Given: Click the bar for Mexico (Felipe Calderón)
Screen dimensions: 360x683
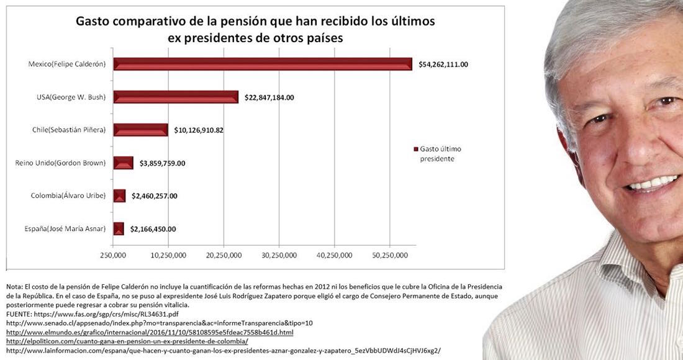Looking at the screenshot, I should tap(263, 64).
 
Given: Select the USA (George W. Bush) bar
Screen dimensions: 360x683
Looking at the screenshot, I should tap(176, 97).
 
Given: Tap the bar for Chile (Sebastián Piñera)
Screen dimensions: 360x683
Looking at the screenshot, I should tap(140, 130).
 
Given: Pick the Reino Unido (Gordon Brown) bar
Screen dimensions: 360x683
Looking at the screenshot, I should tap(123, 163).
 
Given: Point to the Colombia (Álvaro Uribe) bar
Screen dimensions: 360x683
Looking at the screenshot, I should tap(119, 196).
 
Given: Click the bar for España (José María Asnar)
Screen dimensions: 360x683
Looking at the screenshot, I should tap(119, 229).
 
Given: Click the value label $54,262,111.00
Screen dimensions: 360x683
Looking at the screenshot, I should tap(443, 64).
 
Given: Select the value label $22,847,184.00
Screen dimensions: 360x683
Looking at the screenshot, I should tap(269, 97).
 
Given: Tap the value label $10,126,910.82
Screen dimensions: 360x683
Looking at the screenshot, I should tap(199, 130).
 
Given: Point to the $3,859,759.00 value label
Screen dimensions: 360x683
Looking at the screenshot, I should tap(162, 163).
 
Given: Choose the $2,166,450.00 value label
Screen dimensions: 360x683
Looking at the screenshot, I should tap(153, 229).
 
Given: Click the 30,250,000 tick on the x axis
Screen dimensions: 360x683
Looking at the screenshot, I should tap(279, 255).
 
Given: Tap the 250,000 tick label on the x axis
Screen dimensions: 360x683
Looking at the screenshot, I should tap(114, 255).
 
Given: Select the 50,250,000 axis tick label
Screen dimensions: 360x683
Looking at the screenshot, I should tap(390, 255).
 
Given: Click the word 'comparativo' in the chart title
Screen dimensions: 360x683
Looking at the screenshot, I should tap(150, 22).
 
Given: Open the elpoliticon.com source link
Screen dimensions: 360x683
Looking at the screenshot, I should tap(127, 341).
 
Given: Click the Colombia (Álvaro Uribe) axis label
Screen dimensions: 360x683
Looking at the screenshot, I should tap(68, 196).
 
